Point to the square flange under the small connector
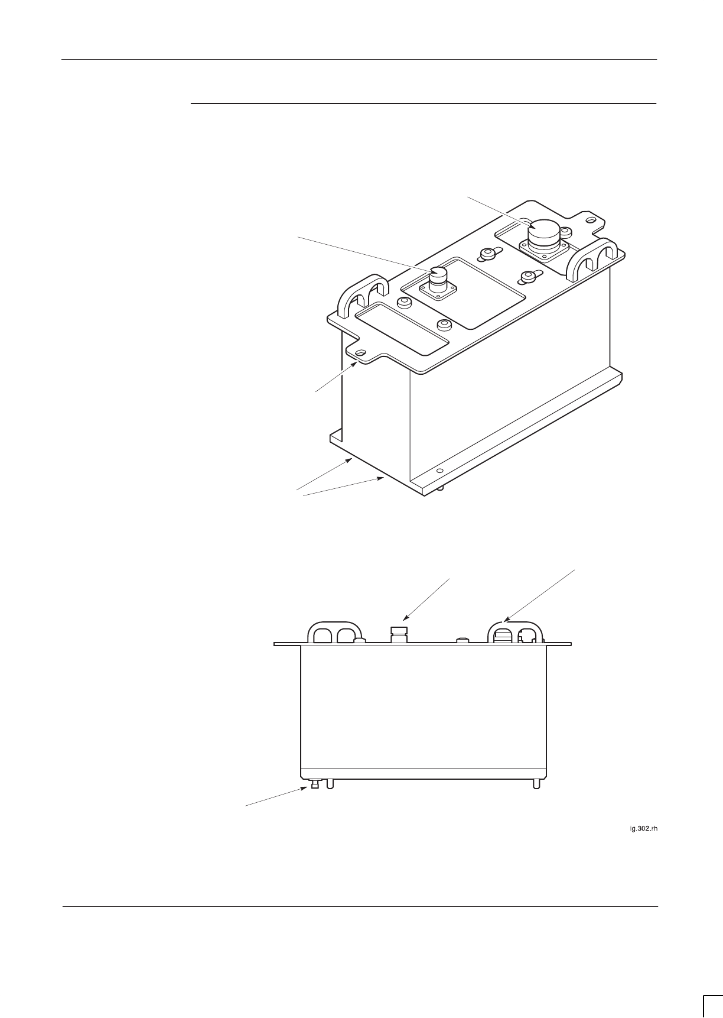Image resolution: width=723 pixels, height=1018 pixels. [x=438, y=291]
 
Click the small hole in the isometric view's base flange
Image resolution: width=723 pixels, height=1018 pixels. [x=439, y=471]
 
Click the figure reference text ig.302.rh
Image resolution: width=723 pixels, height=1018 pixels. [x=643, y=829]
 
